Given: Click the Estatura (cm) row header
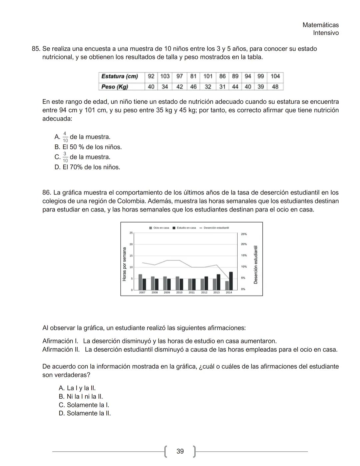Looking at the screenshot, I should (119, 76).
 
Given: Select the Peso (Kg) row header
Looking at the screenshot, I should (115, 87).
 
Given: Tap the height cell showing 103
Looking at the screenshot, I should (165, 76).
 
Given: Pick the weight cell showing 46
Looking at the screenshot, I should (193, 87).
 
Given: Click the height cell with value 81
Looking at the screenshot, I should (193, 76).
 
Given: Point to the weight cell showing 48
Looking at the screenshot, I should (275, 87).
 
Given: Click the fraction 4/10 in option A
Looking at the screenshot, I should (65, 137).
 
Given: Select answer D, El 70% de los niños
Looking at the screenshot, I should (87, 167).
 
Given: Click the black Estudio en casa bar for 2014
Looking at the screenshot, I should (231, 281).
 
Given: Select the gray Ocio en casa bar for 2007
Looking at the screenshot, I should (140, 282).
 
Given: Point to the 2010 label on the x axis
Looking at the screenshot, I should (179, 293).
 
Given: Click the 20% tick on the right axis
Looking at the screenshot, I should (244, 244).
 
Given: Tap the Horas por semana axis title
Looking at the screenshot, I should (124, 264).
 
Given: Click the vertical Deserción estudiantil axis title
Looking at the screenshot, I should (256, 265).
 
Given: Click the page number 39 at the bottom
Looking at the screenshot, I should (180, 451).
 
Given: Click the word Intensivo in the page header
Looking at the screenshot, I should (326, 33).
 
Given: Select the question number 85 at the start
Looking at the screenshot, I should (36, 49).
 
